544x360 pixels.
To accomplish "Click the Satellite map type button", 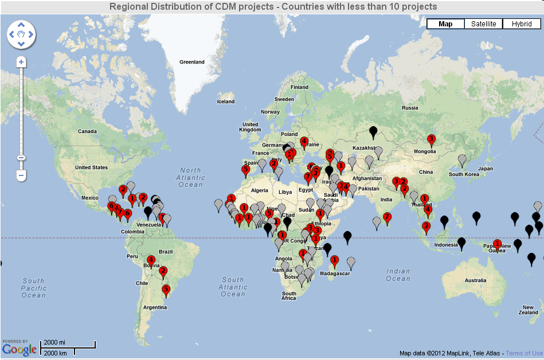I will pyautogui.click(x=483, y=24).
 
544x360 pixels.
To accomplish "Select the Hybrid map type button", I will pyautogui.click(x=522, y=24).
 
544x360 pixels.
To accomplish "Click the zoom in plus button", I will pyautogui.click(x=21, y=61).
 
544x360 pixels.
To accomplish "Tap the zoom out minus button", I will pyautogui.click(x=21, y=174).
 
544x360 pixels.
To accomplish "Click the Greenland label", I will pyautogui.click(x=191, y=62).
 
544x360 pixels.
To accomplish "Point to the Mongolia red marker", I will pyautogui.click(x=431, y=139).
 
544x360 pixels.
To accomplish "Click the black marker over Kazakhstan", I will pyautogui.click(x=373, y=132).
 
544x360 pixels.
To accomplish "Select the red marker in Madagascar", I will pyautogui.click(x=334, y=260).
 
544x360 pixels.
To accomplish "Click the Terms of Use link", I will pyautogui.click(x=524, y=353).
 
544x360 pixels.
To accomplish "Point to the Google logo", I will pyautogui.click(x=19, y=347).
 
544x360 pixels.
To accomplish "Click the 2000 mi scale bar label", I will pyautogui.click(x=54, y=342).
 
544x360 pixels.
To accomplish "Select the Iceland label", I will pyautogui.click(x=226, y=101).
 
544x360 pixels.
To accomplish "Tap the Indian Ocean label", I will pyautogui.click(x=398, y=275).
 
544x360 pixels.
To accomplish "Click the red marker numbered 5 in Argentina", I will pyautogui.click(x=166, y=290).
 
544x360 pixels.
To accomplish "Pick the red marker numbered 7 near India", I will pyautogui.click(x=387, y=217).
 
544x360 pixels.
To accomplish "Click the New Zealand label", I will pyautogui.click(x=528, y=310).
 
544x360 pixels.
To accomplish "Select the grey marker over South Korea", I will pyautogui.click(x=461, y=159).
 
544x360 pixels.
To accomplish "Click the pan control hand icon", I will pyautogui.click(x=21, y=34).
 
